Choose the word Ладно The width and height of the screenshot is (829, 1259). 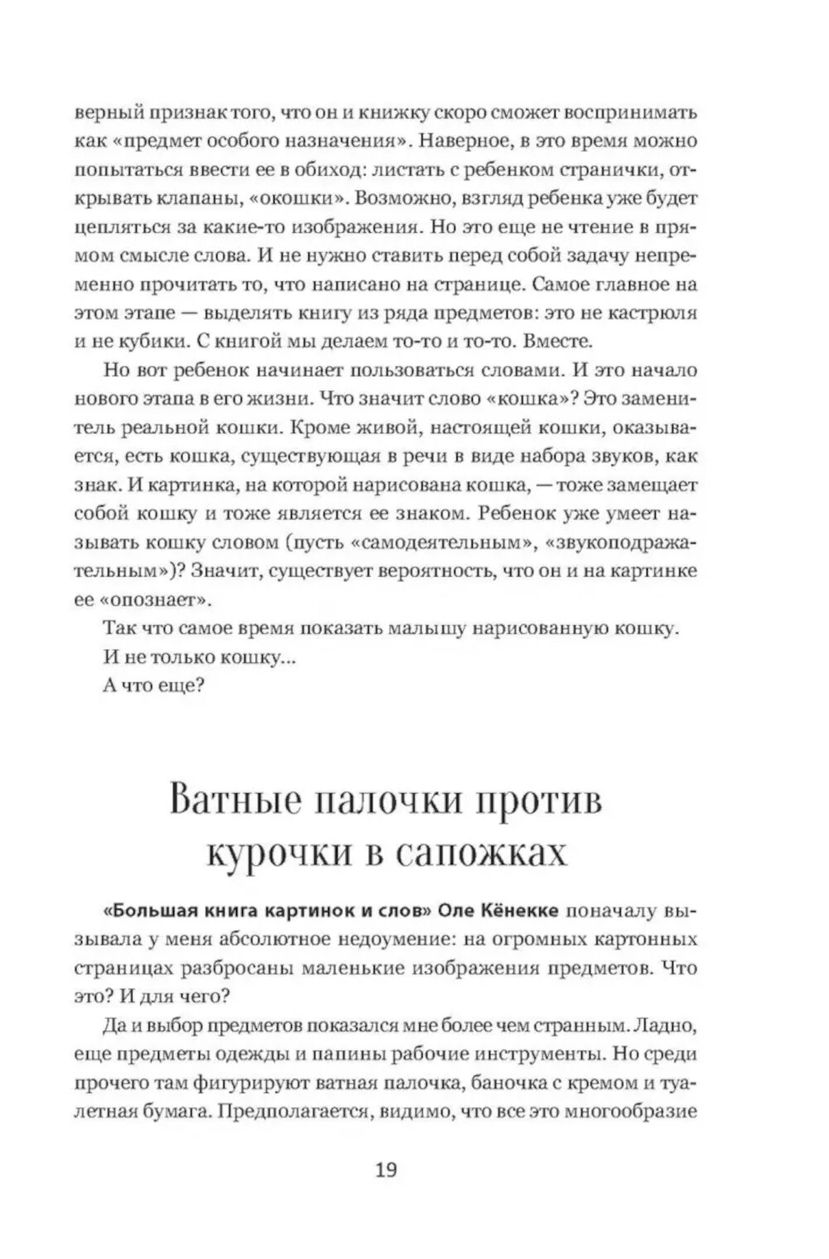665,1026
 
